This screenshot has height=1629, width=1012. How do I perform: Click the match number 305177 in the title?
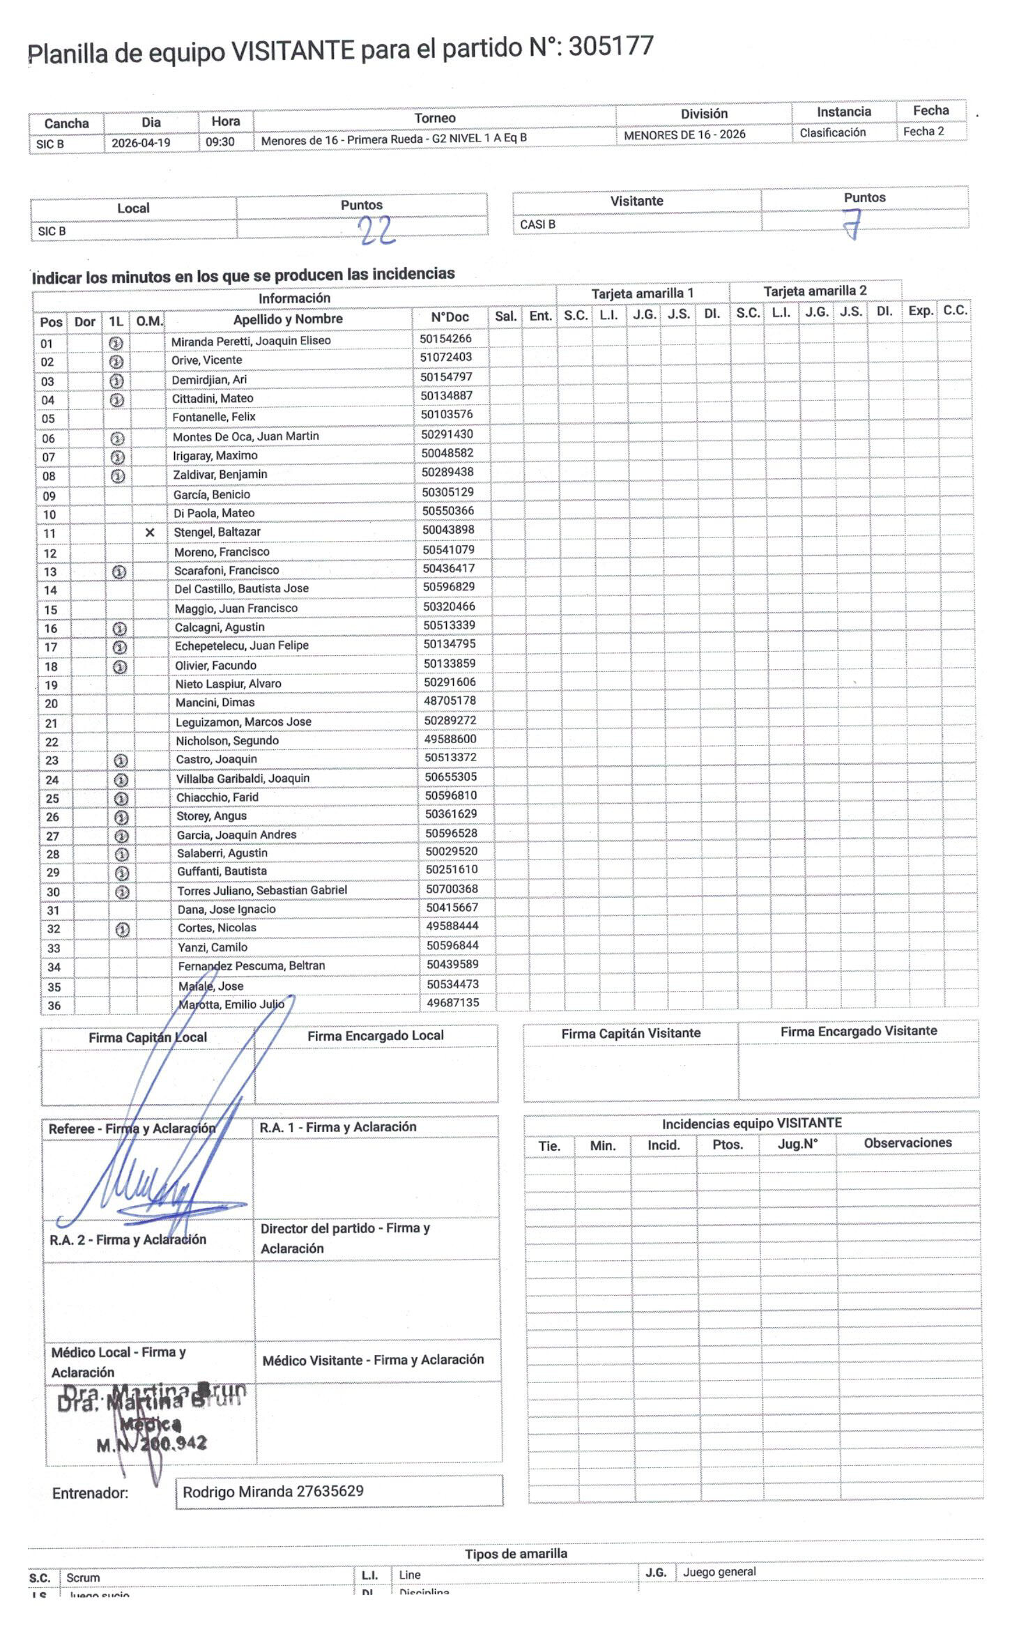(x=611, y=47)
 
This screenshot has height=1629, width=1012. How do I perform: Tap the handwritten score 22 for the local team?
(x=377, y=230)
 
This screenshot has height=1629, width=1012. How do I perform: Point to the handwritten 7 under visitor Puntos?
(x=852, y=224)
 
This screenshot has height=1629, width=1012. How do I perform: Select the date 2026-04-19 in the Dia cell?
(x=141, y=143)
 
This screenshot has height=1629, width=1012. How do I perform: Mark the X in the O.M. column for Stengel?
(x=149, y=533)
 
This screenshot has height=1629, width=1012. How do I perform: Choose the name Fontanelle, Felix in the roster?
(x=214, y=417)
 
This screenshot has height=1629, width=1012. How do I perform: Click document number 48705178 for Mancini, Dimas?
(x=450, y=701)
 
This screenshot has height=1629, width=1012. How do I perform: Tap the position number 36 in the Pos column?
(x=54, y=1005)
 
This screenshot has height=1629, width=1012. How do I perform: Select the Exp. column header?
(x=920, y=311)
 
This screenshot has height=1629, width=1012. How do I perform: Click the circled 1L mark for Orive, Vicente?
(x=116, y=362)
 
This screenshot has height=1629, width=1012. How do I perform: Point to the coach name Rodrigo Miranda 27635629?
(x=273, y=1491)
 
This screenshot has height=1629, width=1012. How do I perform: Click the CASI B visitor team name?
(x=537, y=224)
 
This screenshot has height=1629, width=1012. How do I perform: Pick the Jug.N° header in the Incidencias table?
(x=797, y=1144)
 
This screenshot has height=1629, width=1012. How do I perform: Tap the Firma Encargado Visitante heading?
(x=858, y=1031)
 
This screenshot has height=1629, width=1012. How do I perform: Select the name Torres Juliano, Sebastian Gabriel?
(x=262, y=890)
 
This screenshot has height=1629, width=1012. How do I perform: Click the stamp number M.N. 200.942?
(x=151, y=1444)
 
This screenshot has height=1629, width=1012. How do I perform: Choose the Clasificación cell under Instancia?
(x=832, y=132)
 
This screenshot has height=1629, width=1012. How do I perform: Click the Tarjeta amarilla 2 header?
(x=815, y=291)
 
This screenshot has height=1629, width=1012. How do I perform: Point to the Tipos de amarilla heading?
(x=516, y=1553)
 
